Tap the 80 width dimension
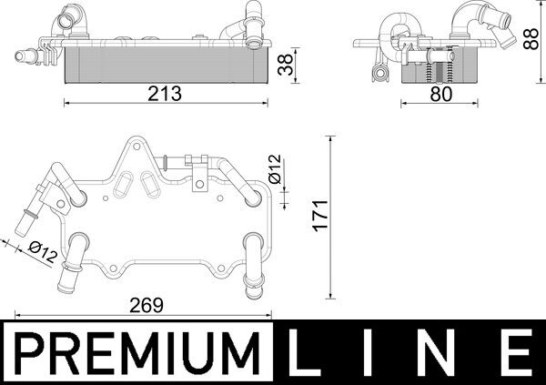tap(440, 93)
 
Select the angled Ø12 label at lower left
tap(43, 250)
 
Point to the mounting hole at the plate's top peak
tap(134, 146)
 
